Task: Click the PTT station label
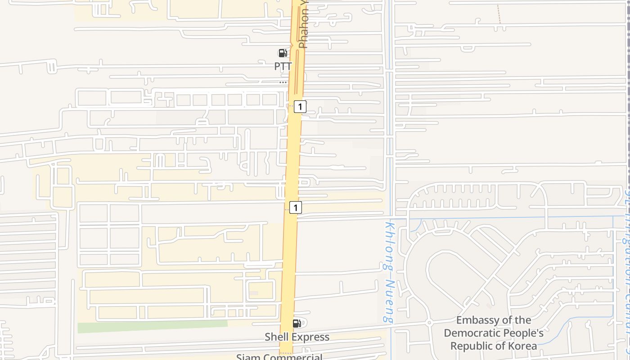click(283, 66)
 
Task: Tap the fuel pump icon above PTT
click(283, 53)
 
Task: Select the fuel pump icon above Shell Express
click(297, 324)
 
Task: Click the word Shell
click(278, 337)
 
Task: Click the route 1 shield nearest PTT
click(300, 107)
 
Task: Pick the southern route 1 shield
click(295, 207)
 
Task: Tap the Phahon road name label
click(304, 25)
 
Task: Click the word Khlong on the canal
click(389, 245)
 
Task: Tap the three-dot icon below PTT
click(283, 82)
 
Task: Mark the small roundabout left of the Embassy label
click(429, 323)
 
